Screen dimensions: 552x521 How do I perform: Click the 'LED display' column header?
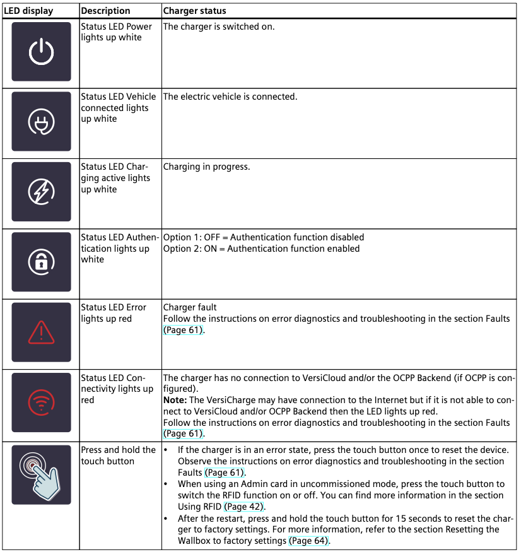click(28, 11)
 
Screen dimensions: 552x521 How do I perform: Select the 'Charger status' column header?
click(194, 11)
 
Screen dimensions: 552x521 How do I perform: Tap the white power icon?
click(41, 52)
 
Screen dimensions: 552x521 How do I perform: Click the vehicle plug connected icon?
click(41, 122)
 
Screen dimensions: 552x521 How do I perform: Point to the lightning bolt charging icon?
click(41, 192)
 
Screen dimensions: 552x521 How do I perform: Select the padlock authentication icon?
click(41, 262)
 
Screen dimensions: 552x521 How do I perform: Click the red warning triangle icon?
click(41, 332)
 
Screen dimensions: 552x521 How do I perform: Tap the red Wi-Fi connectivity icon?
click(41, 402)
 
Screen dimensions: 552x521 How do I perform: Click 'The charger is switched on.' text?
click(218, 27)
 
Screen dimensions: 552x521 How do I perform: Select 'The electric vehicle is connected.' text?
click(230, 97)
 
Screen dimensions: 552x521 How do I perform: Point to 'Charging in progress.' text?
click(206, 167)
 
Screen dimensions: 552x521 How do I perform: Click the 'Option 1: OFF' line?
click(263, 237)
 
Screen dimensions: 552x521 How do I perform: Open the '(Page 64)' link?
click(309, 541)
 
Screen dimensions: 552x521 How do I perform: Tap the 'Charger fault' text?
click(190, 307)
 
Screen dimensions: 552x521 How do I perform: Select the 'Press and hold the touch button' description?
click(118, 455)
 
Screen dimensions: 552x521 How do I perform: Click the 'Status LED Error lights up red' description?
click(114, 313)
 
